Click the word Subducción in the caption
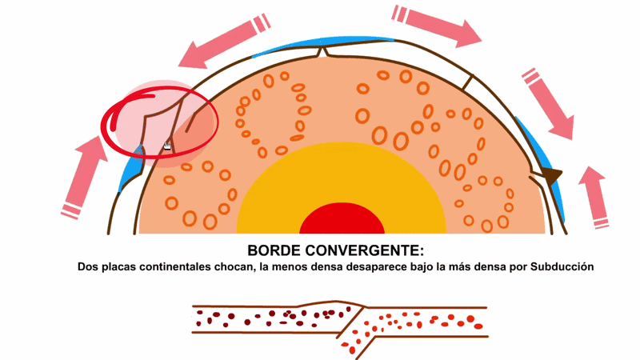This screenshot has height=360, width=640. [562, 267]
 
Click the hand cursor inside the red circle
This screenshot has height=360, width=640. [167, 146]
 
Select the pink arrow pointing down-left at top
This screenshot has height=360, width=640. [225, 41]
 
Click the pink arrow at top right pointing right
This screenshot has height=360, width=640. [437, 26]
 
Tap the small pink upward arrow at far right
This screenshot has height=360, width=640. [595, 197]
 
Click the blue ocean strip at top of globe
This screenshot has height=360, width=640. [322, 44]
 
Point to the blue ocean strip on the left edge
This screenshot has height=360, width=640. [131, 170]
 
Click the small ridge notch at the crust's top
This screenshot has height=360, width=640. [322, 52]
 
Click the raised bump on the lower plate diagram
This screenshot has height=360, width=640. [330, 304]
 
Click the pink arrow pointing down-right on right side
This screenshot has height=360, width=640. [548, 104]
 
